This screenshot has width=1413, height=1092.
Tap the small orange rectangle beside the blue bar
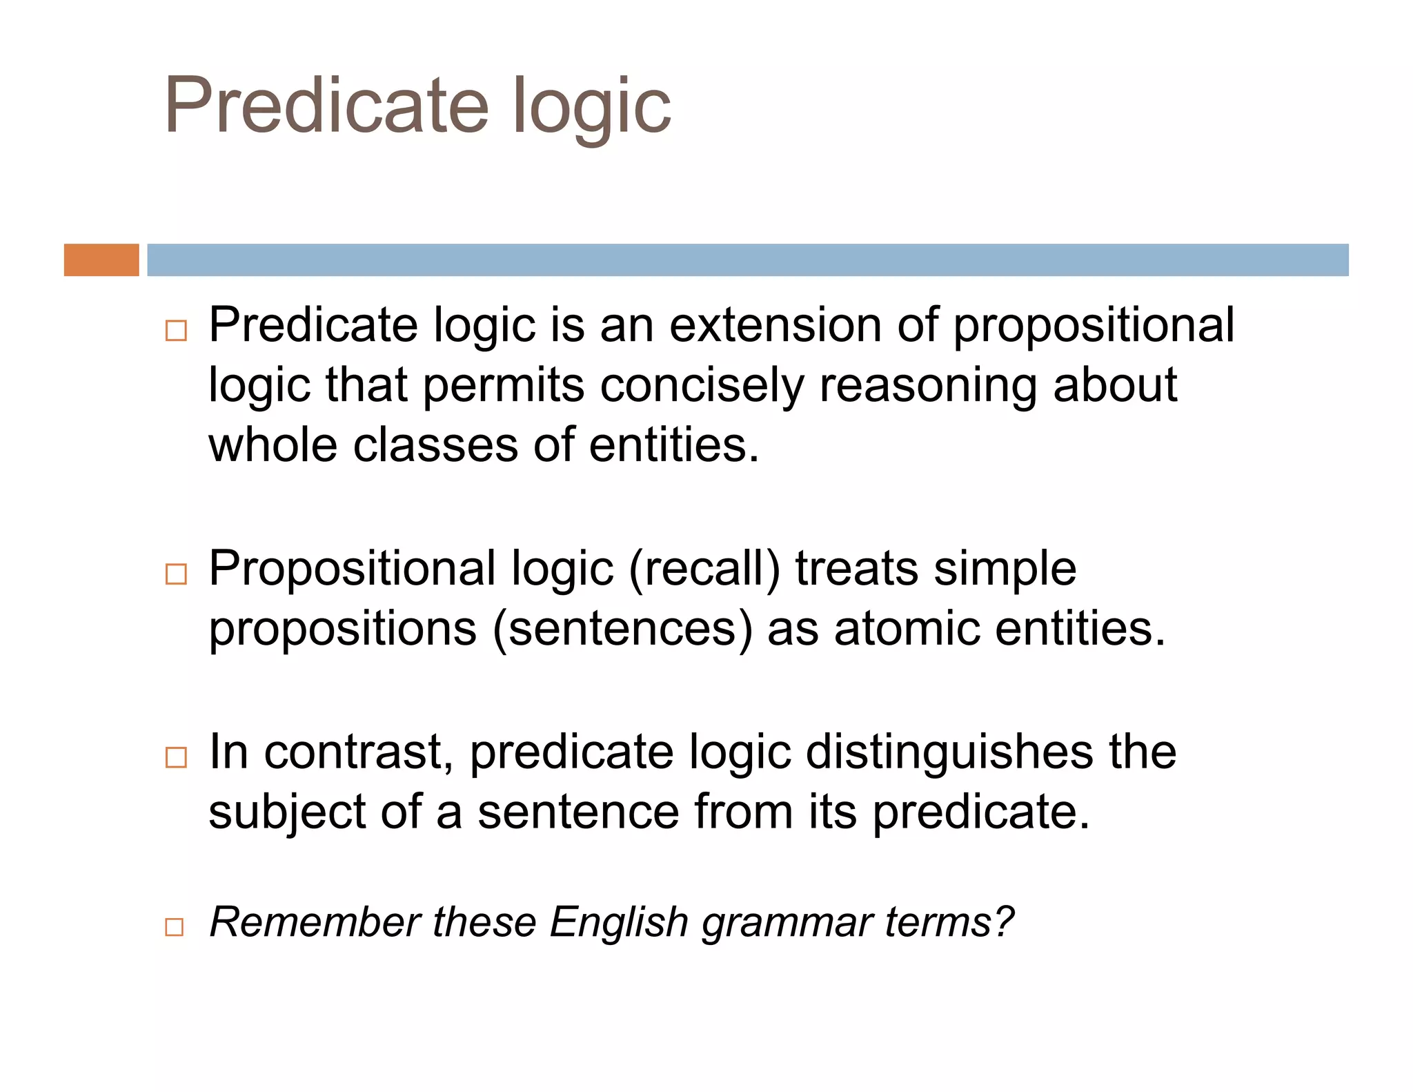point(101,260)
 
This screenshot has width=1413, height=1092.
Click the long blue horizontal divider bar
point(747,260)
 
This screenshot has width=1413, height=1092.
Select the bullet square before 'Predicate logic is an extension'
point(176,331)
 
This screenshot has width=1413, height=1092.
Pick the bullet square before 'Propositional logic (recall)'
point(176,574)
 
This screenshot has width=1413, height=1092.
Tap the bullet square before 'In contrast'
point(176,757)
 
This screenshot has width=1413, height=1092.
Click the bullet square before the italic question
point(175,926)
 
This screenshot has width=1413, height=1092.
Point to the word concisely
point(702,387)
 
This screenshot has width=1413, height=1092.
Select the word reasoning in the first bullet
point(928,387)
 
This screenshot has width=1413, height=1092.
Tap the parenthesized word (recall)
point(704,569)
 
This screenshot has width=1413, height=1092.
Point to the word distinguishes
point(949,753)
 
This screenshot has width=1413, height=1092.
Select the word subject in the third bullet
point(287,813)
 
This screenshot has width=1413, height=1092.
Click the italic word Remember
point(315,922)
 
